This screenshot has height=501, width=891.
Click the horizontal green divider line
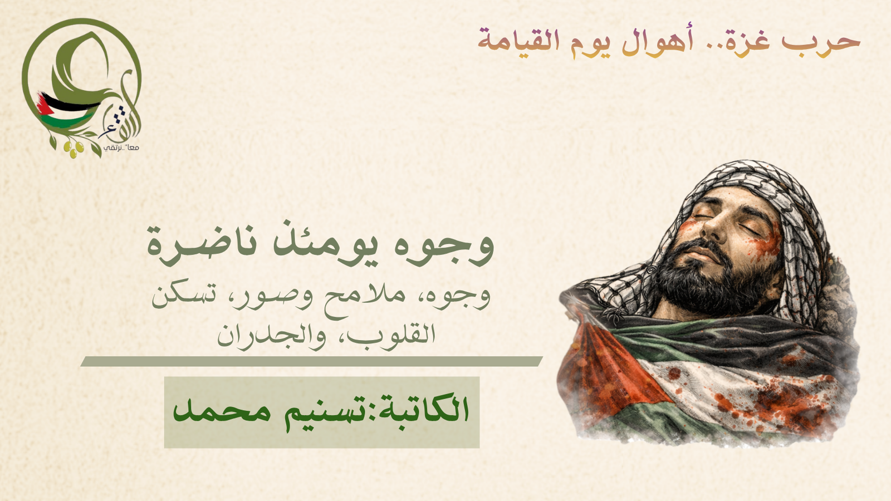(311, 361)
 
